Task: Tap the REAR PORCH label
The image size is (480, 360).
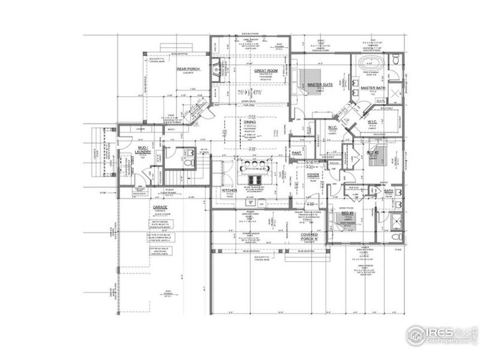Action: point(188,69)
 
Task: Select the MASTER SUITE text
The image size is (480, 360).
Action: point(320,85)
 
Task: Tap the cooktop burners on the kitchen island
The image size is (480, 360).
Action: point(252,178)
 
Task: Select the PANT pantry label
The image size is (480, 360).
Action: point(296,153)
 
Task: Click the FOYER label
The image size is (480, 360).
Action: point(313,175)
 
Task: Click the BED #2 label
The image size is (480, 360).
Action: point(372,153)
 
